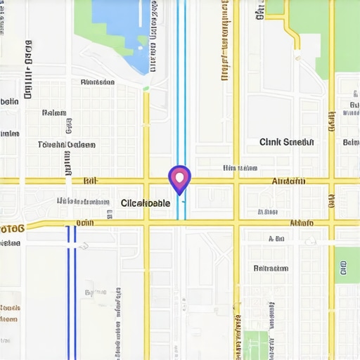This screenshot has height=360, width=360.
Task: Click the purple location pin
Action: tap(180, 178)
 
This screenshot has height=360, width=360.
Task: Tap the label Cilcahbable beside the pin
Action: tap(146, 203)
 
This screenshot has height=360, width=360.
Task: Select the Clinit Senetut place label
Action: tap(287, 142)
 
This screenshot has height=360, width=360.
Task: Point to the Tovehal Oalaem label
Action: tap(66, 145)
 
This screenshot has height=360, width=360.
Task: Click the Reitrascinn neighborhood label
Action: tap(271, 268)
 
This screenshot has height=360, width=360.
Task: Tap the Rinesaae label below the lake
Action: tap(98, 82)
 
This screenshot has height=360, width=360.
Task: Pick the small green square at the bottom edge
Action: tap(257, 345)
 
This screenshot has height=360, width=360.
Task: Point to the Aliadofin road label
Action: tap(288, 181)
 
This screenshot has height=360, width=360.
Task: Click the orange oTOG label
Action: tap(13, 228)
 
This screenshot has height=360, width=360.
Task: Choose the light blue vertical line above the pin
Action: tap(181, 77)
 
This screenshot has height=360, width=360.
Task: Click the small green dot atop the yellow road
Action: tap(146, 88)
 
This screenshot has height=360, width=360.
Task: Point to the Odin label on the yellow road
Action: tap(84, 223)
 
